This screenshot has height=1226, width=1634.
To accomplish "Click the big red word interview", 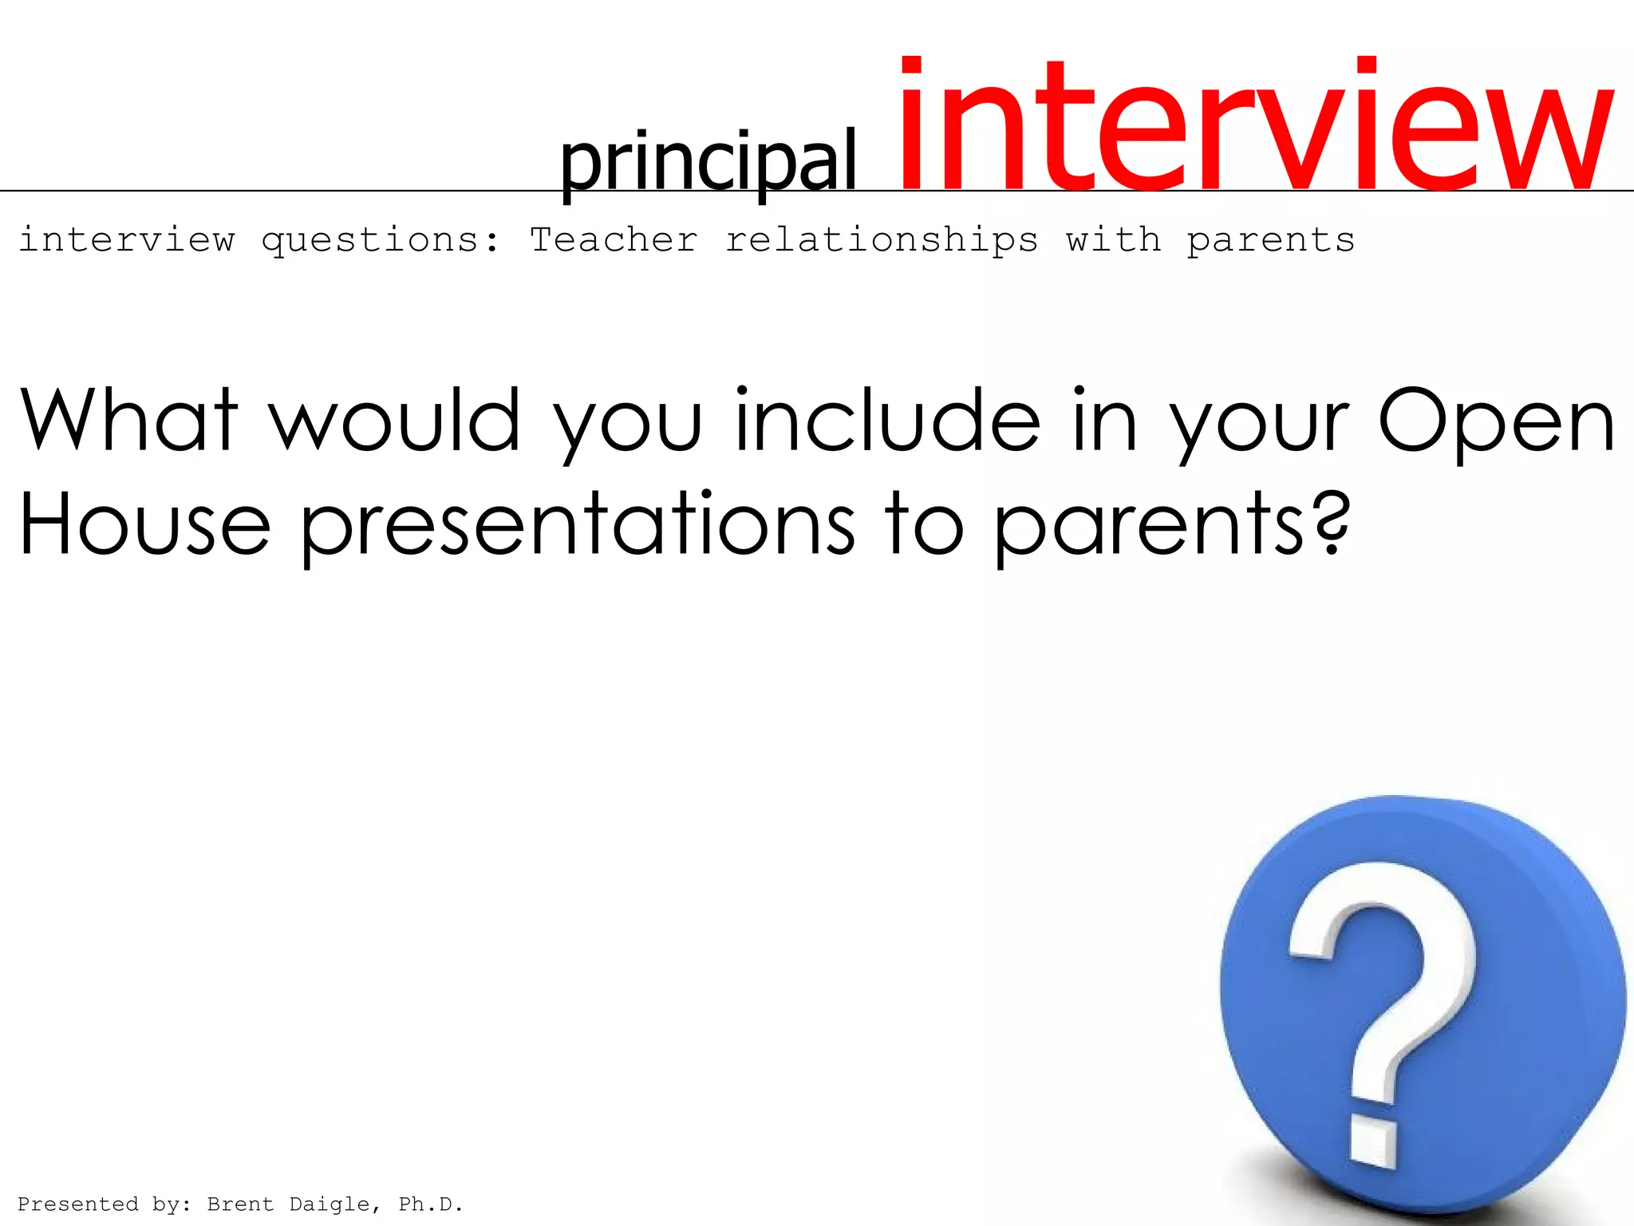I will [1257, 128].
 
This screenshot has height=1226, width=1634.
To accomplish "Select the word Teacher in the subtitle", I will [614, 239].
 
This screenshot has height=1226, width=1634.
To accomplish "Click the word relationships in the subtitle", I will [882, 239].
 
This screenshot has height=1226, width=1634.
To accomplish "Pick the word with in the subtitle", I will [1113, 239].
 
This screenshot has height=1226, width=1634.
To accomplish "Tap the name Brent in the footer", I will [240, 1204].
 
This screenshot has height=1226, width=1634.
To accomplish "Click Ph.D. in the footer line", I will [431, 1204].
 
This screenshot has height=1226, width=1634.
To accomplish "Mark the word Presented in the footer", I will [77, 1204].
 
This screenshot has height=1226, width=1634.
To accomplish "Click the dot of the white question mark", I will [1374, 1141].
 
